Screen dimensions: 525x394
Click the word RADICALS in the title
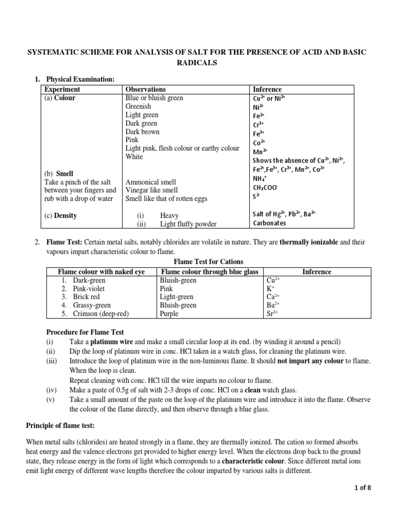(196, 63)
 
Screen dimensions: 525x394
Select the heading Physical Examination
(81, 79)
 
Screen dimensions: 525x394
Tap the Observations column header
(146, 89)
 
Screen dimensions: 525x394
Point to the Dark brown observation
(142, 132)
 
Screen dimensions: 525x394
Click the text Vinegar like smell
(152, 190)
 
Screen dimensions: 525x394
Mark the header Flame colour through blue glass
(209, 272)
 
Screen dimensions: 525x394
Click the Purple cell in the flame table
(169, 314)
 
